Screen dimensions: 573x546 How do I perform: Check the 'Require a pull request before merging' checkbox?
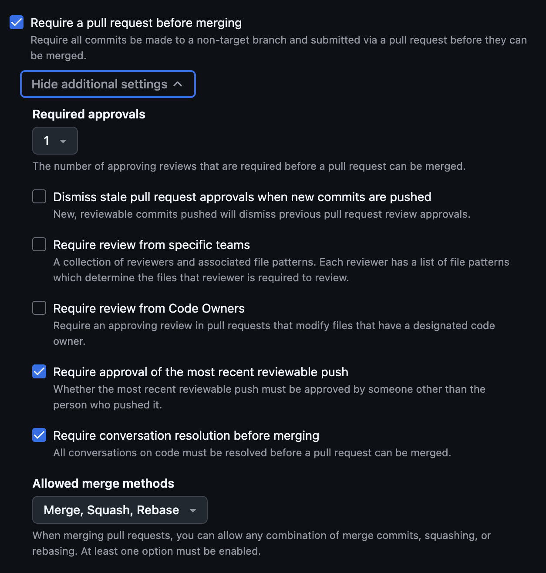pos(17,22)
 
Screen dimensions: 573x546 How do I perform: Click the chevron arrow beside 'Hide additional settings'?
pos(178,84)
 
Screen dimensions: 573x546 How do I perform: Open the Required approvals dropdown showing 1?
pos(55,141)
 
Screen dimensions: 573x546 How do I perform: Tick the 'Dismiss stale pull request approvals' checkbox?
pos(39,196)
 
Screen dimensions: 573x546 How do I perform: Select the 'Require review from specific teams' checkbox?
pos(39,244)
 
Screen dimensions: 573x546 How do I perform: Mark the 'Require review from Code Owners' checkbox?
pos(39,308)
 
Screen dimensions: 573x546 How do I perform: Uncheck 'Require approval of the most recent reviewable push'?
pos(39,371)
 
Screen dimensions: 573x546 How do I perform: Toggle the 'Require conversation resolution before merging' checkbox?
pos(39,435)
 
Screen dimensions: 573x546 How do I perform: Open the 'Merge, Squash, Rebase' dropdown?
pos(120,510)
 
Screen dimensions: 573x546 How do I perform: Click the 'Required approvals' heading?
pos(89,114)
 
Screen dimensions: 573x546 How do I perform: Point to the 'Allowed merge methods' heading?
pos(103,483)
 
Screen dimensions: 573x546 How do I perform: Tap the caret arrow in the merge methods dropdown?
pos(193,510)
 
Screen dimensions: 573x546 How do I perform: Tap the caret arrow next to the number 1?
pos(63,141)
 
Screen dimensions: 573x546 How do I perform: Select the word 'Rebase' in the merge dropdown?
pos(158,510)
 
